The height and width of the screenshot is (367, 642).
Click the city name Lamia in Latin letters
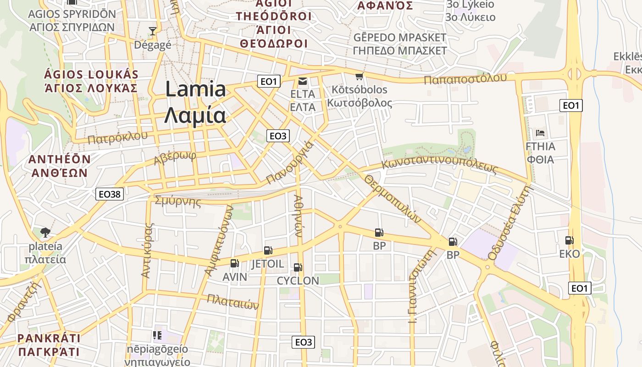point(195,89)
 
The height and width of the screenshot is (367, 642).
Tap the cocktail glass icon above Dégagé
point(153,31)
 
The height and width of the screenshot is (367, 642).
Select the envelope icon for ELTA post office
point(303,82)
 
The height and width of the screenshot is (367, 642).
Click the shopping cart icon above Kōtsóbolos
point(360,76)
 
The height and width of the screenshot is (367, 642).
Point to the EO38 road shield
point(110,194)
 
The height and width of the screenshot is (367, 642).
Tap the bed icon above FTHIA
point(540,133)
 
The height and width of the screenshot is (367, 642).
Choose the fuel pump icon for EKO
point(569,240)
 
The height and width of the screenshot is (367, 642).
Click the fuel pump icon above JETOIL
point(268,250)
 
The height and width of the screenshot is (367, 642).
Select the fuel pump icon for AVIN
point(234,263)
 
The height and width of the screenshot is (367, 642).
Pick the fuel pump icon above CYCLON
point(298,267)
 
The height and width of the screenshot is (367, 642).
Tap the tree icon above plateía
point(45,233)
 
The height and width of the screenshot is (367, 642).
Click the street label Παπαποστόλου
point(465,78)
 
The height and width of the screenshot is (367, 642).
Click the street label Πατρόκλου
point(118,137)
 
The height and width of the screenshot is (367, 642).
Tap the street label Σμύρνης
point(178,201)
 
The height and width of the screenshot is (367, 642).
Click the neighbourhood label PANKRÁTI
point(49,339)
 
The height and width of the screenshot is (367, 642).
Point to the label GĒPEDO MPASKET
point(400,37)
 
